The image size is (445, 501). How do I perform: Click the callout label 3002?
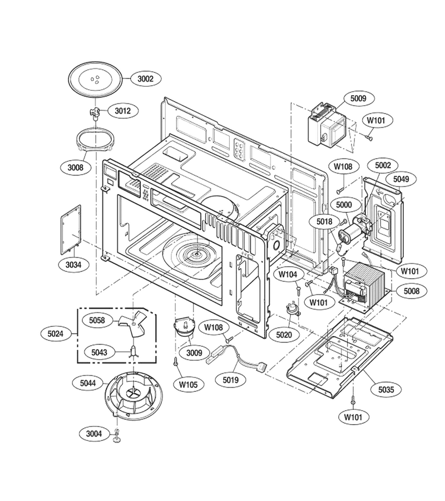tap(145, 78)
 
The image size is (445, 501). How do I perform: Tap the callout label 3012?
tap(123, 111)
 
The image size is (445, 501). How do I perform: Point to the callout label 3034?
tap(73, 264)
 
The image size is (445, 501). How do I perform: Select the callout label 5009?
tap(358, 98)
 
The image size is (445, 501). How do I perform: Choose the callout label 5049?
tap(400, 179)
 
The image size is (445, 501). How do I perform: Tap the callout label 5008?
tap(412, 291)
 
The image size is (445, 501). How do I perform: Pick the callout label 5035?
tap(386, 389)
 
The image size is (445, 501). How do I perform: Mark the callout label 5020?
tap(284, 335)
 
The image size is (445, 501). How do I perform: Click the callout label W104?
tap(288, 274)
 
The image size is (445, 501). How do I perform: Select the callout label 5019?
tap(230, 380)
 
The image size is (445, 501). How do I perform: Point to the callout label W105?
tap(188, 384)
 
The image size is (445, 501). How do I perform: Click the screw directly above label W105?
tap(176, 362)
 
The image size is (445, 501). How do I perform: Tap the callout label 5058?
tap(97, 320)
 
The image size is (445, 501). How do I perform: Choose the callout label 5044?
tap(88, 383)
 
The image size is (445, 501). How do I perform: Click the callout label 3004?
tap(94, 434)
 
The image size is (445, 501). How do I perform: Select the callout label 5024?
tap(56, 333)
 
